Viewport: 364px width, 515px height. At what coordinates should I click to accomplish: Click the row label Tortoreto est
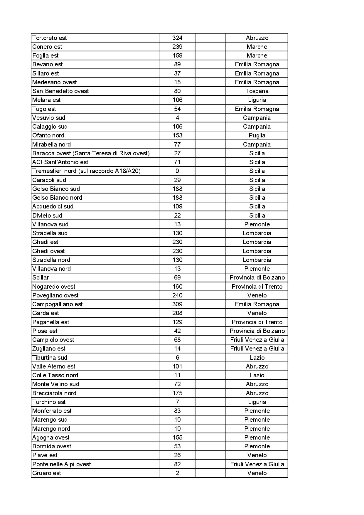[x=49, y=38]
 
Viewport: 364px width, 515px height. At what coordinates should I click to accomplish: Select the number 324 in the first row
[x=177, y=38]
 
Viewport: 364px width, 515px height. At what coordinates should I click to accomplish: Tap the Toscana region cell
[x=257, y=91]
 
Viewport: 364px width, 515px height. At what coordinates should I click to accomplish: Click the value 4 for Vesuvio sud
[x=177, y=118]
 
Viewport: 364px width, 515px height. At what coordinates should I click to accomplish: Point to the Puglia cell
[x=257, y=135]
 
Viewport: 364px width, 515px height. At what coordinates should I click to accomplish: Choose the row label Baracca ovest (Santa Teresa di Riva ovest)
[x=91, y=153]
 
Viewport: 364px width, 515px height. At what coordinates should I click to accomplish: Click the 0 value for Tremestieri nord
[x=177, y=171]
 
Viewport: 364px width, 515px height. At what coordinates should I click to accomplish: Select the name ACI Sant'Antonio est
[x=60, y=162]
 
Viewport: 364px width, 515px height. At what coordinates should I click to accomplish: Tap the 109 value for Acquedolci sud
[x=177, y=206]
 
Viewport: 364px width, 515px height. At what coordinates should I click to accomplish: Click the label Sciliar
[x=41, y=277]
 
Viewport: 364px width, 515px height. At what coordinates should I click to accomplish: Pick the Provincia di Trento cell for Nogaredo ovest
[x=257, y=287]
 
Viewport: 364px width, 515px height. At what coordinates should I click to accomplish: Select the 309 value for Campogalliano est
[x=177, y=304]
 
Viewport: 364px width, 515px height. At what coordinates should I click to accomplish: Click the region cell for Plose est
[x=257, y=331]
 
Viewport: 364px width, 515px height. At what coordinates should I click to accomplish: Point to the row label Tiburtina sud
[x=50, y=358]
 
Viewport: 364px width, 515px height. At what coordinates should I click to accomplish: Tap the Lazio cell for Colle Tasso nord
[x=257, y=375]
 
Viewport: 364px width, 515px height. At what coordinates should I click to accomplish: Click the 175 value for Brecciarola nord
[x=177, y=393]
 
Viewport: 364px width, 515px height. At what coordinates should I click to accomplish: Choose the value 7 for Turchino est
[x=177, y=402]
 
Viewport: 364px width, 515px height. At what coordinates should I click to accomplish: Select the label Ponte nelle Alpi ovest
[x=61, y=464]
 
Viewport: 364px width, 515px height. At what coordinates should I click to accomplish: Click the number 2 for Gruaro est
[x=177, y=473]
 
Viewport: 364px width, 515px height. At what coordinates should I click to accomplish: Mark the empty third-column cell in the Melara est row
[x=210, y=100]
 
